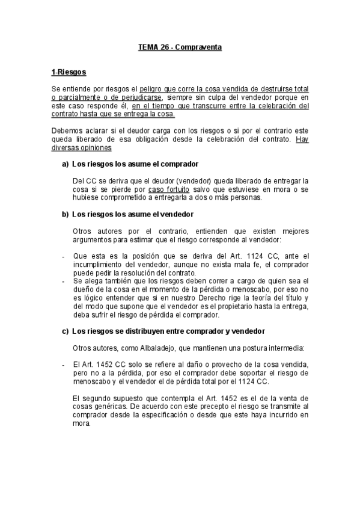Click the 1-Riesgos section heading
coord(69,73)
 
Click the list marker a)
coord(65,164)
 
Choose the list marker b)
coord(65,214)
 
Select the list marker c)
coord(65,331)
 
